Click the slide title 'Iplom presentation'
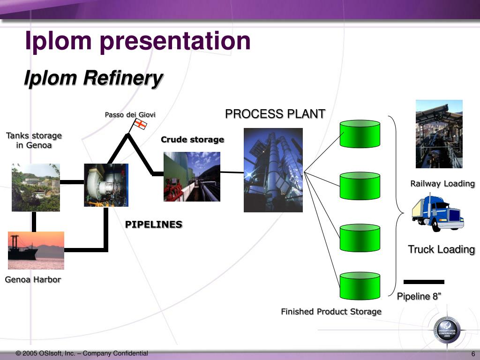[x=138, y=41]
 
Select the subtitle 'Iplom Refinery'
[x=93, y=78]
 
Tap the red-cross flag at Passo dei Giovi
[x=140, y=124]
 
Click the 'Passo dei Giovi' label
[x=130, y=115]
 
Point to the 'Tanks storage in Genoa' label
[x=34, y=140]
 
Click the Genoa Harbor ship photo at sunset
[x=36, y=250]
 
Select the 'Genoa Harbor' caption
[x=33, y=280]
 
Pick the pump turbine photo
[x=105, y=185]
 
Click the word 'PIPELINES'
[x=153, y=225]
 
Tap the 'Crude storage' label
[x=192, y=140]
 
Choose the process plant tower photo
[x=273, y=170]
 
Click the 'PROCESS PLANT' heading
[x=275, y=114]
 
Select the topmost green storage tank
[x=360, y=134]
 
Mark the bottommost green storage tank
[x=360, y=285]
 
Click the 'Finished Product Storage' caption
[x=331, y=312]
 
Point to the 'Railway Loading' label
[x=442, y=184]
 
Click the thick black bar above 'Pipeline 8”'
[x=424, y=282]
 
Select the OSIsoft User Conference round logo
[x=446, y=327]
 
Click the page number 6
[x=473, y=354]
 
